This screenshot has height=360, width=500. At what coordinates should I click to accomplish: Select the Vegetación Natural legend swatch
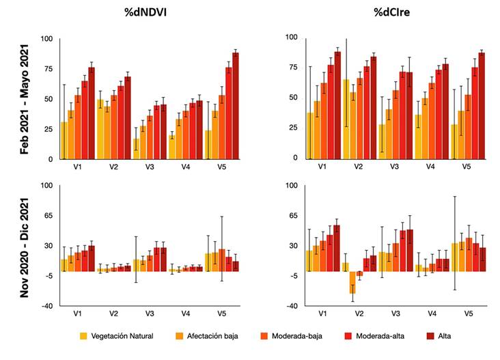coord(84,335)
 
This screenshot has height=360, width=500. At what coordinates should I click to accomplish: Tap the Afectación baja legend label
coord(204,335)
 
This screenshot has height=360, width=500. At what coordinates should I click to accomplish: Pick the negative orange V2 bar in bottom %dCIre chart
coord(352,282)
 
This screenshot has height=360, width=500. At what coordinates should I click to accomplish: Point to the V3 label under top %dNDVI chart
coord(150,167)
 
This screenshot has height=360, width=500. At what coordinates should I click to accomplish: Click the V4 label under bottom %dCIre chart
coord(432,312)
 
